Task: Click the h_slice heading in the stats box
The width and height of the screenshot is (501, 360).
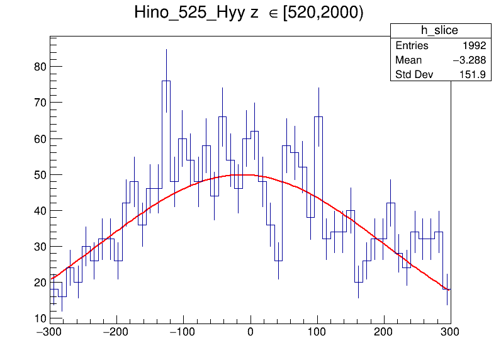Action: click(x=439, y=31)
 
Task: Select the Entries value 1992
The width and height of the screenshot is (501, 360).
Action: click(x=473, y=46)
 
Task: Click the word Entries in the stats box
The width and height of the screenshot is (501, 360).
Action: click(x=412, y=46)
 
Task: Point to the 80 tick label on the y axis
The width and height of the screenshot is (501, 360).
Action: click(x=39, y=66)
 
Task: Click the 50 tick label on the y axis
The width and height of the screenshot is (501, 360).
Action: click(x=39, y=174)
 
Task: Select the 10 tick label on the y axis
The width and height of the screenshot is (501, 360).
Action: click(x=39, y=318)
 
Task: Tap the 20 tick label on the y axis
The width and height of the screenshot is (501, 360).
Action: click(x=39, y=283)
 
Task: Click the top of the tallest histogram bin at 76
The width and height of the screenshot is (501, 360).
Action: click(x=166, y=81)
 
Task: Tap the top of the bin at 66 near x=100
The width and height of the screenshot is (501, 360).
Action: click(x=318, y=116)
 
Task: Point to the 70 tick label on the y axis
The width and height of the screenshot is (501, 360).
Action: click(x=39, y=102)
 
